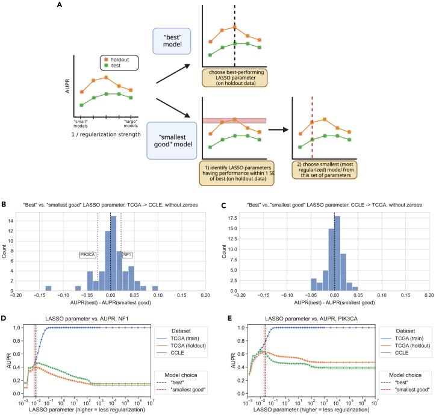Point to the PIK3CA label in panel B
88,255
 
